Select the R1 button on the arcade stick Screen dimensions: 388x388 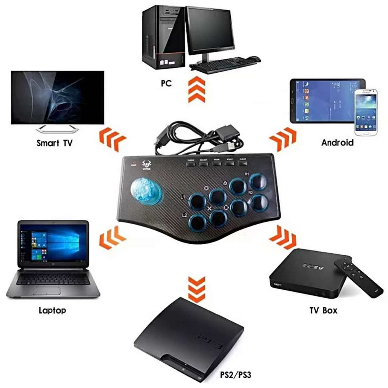(258, 182)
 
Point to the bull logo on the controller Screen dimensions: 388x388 (146, 165)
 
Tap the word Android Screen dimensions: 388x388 (337, 143)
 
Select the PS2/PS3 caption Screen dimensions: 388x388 (235, 375)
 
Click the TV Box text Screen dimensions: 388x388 (323, 311)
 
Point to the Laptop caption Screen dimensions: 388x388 (52, 311)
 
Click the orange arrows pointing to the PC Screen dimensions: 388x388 (197, 89)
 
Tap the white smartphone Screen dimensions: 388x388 (366, 111)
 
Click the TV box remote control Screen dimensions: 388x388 (358, 277)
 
